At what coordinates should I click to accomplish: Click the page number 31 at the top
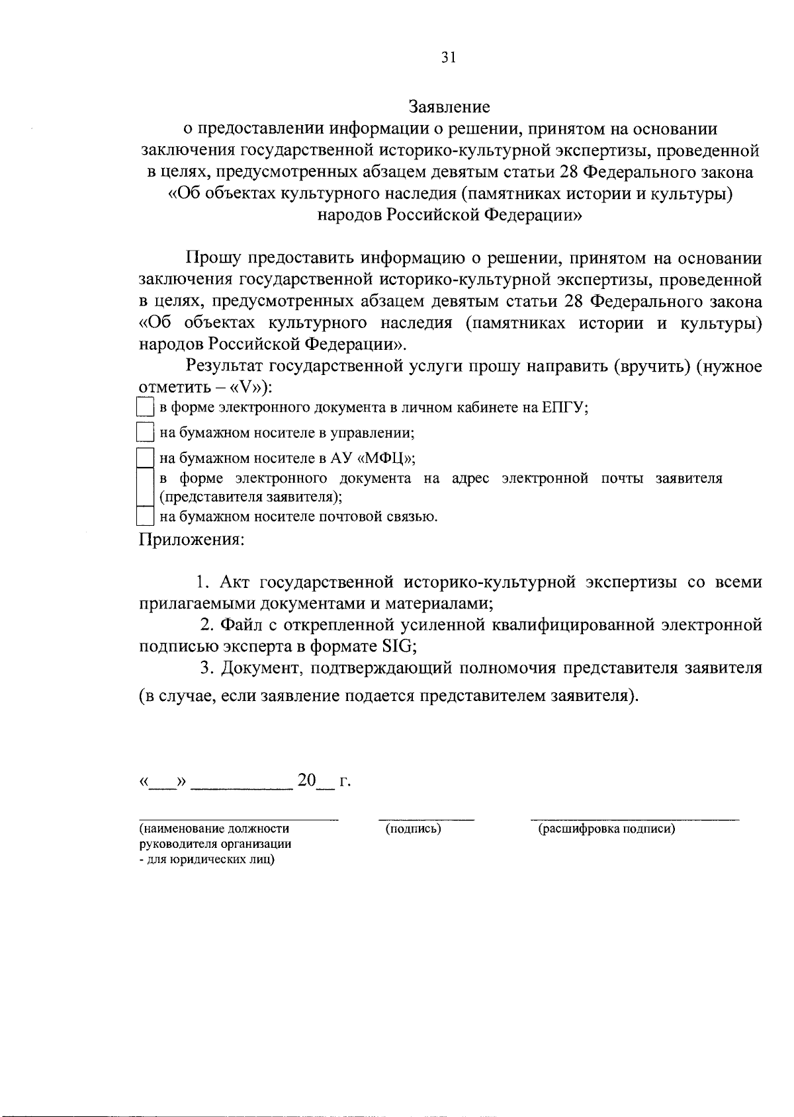point(449,58)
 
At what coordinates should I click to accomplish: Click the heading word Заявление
point(449,106)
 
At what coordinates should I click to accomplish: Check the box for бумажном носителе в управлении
point(144,433)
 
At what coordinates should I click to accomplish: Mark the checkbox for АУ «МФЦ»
point(144,458)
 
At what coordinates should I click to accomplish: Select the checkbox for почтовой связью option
point(144,516)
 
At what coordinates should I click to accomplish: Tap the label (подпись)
point(414,829)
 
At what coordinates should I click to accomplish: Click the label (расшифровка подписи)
point(606,829)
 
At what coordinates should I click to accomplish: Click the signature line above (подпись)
point(426,819)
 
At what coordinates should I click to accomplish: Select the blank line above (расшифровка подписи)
point(635,819)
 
